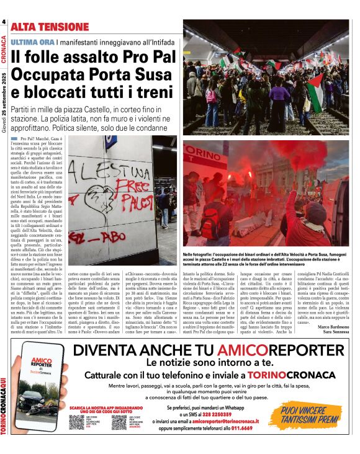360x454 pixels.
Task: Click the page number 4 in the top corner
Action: coord(4,22)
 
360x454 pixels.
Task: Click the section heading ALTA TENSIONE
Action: coord(50,27)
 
